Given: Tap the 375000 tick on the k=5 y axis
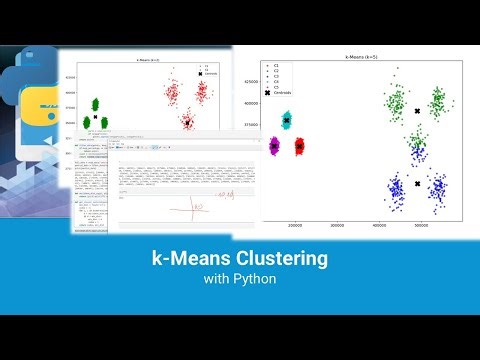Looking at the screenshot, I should click(253, 125).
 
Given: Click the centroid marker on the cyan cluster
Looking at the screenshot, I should click(287, 120).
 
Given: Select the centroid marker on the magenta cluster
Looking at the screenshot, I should click(275, 147).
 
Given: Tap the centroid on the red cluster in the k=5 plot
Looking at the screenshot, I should click(299, 147).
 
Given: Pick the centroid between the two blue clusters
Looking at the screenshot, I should click(419, 185).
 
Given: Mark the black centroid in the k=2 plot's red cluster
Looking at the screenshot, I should click(186, 123).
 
